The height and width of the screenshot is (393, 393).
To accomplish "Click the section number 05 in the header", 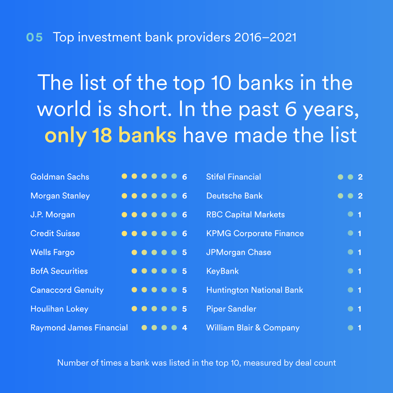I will pyautogui.click(x=34, y=37).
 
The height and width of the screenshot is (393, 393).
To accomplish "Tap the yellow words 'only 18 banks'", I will pyautogui.click(x=110, y=135).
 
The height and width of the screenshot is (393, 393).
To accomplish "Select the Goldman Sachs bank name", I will pyautogui.click(x=60, y=177).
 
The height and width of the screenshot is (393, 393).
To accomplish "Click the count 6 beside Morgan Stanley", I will pyautogui.click(x=184, y=196).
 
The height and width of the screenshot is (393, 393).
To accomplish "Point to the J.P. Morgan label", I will pyautogui.click(x=53, y=215).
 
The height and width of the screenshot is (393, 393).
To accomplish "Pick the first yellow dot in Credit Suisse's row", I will pyautogui.click(x=124, y=234).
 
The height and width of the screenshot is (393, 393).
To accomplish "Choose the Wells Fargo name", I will pyautogui.click(x=52, y=252).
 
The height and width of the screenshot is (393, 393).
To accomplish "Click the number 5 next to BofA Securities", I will pyautogui.click(x=184, y=271).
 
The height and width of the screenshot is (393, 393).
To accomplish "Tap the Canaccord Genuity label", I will pyautogui.click(x=67, y=290).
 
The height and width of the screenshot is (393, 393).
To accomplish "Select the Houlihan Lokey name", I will pyautogui.click(x=59, y=309).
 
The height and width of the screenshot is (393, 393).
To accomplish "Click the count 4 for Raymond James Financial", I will pyautogui.click(x=184, y=328).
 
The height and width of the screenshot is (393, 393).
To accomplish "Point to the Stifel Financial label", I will pyautogui.click(x=234, y=177).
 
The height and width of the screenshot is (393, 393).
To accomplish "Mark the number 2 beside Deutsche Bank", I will pyautogui.click(x=360, y=196).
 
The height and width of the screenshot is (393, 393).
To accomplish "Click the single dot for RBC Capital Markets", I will pyautogui.click(x=350, y=214).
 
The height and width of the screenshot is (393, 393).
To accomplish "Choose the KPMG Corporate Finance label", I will pyautogui.click(x=255, y=234).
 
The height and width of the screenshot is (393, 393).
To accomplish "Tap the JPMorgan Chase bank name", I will pyautogui.click(x=239, y=252).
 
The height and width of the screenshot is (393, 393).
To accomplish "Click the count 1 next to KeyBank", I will pyautogui.click(x=360, y=271).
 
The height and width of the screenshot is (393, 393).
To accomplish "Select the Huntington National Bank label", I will pyautogui.click(x=255, y=290).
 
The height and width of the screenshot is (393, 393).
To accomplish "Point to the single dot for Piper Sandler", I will pyautogui.click(x=350, y=309).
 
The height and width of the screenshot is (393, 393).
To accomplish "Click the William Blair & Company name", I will pyautogui.click(x=253, y=328).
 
